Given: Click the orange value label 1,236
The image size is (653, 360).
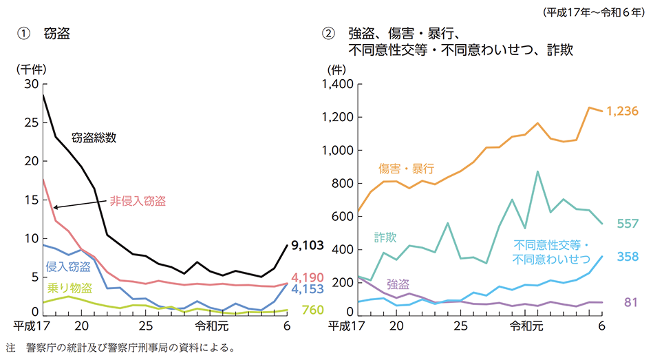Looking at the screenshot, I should [623, 111].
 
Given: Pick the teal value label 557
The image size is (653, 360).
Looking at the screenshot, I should [628, 224].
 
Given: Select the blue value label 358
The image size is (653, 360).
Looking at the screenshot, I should [628, 257].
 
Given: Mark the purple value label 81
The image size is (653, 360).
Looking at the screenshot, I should [630, 302].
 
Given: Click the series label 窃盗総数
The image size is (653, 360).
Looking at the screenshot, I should [94, 137].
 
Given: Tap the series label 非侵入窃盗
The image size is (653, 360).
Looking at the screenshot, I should [138, 201].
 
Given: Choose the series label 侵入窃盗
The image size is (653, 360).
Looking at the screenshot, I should [67, 267].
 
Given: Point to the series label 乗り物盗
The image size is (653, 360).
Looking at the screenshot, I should [67, 288].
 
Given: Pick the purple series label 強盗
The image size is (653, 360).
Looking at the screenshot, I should [398, 283].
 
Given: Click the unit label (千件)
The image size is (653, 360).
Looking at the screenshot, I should [30, 68].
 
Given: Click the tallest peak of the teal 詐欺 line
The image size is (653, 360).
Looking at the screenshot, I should [537, 171].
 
